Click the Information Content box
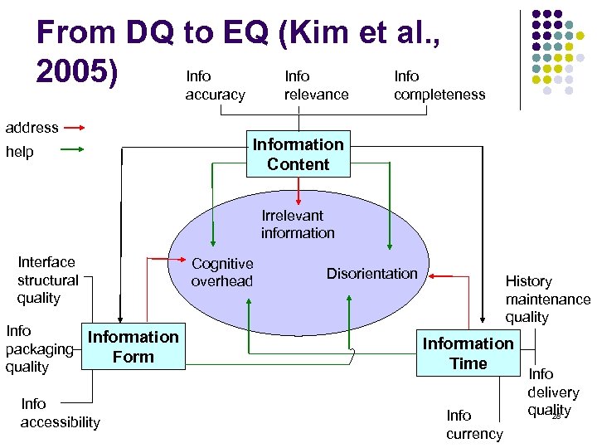298,154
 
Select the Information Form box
133,347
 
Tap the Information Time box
468,353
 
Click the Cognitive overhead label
222,272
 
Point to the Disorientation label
371,274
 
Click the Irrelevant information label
298,224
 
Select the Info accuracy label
215,85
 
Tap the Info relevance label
316,85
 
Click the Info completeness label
439,85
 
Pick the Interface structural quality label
48,280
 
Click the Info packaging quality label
27,348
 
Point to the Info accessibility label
60,412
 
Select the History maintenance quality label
547,299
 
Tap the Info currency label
474,424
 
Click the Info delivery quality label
552,392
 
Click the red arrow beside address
74,128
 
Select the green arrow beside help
74,150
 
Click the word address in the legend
32,128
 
